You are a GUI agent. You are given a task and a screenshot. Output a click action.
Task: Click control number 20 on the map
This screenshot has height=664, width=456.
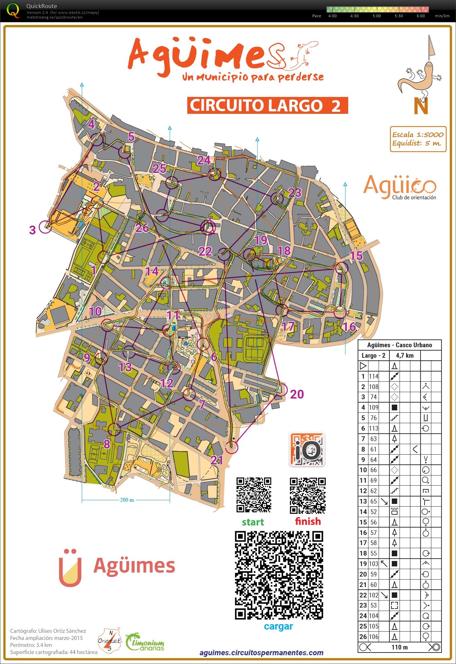pos(297,394)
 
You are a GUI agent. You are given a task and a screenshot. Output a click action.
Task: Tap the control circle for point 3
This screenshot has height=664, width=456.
pos(45,227)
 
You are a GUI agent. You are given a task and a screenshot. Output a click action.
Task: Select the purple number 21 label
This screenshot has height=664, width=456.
pos(217,460)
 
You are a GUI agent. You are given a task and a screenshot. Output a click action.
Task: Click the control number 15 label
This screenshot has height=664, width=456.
pos(356,256)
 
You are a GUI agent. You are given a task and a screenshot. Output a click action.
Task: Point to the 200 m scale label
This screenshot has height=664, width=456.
pos(127,500)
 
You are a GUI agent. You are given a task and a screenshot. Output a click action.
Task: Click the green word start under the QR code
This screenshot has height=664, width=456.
pos(253,522)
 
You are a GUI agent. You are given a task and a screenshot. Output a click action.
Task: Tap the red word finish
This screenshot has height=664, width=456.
pos(308,521)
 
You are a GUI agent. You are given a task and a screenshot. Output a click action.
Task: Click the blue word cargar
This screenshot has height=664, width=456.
pos(278,626)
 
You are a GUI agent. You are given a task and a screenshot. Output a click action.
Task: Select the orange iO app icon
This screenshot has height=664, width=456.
pos(307,450)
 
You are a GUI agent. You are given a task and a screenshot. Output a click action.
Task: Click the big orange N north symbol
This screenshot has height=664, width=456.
pos(421,106)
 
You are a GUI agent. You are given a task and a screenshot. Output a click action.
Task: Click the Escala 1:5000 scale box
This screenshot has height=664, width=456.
pos(418,139)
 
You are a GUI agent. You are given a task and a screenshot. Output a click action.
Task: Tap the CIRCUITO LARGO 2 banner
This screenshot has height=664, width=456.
pos(267,105)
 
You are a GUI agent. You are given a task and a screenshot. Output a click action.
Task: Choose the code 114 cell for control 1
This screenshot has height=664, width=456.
pos(374,376)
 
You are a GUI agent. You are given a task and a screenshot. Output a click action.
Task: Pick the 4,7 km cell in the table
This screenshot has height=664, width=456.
pos(405,355)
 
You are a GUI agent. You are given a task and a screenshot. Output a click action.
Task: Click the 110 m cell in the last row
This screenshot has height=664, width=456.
pos(400,647)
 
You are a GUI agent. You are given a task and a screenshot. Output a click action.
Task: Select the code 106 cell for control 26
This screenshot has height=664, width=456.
pos(374,637)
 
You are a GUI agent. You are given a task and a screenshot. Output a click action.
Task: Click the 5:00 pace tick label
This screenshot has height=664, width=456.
pos(377,16)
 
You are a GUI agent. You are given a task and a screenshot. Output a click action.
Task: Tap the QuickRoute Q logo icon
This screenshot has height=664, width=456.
pos(13,10)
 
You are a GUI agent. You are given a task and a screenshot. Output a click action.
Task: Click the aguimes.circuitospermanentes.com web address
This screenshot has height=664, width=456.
pos(261,653)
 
